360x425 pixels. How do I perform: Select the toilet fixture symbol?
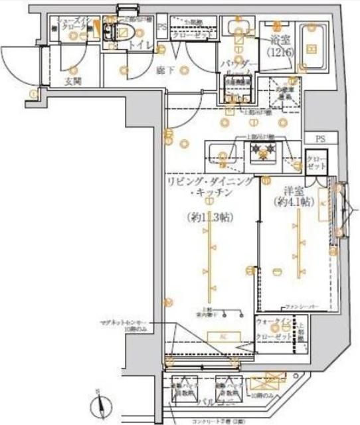[x=122, y=33]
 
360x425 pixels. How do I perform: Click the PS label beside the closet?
[x=320, y=139]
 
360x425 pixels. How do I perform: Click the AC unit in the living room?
[x=222, y=337]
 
